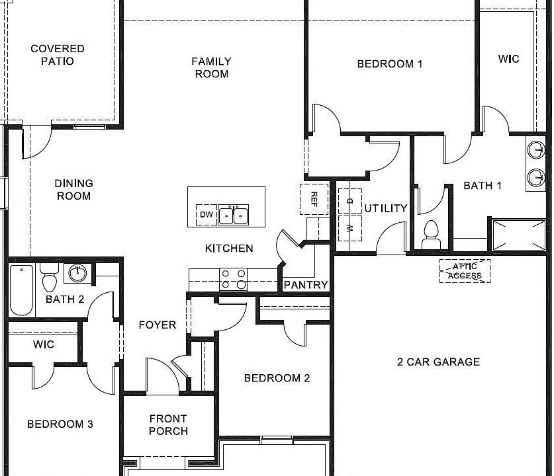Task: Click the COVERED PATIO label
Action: (58, 55)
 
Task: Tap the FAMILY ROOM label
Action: (211, 67)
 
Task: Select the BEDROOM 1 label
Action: (389, 64)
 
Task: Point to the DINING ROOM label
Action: (73, 190)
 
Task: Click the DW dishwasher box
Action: (206, 215)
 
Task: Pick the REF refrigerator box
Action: (314, 199)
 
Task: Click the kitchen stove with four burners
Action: (233, 278)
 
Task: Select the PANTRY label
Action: (306, 285)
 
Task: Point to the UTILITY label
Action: (386, 208)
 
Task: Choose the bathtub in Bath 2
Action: (21, 290)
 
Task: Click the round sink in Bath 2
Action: (79, 272)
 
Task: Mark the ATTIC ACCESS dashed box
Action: (465, 271)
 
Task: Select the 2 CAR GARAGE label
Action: (438, 362)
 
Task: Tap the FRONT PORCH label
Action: (168, 424)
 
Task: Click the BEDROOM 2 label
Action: (277, 378)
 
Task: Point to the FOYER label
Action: (158, 325)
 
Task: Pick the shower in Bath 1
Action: (518, 235)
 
